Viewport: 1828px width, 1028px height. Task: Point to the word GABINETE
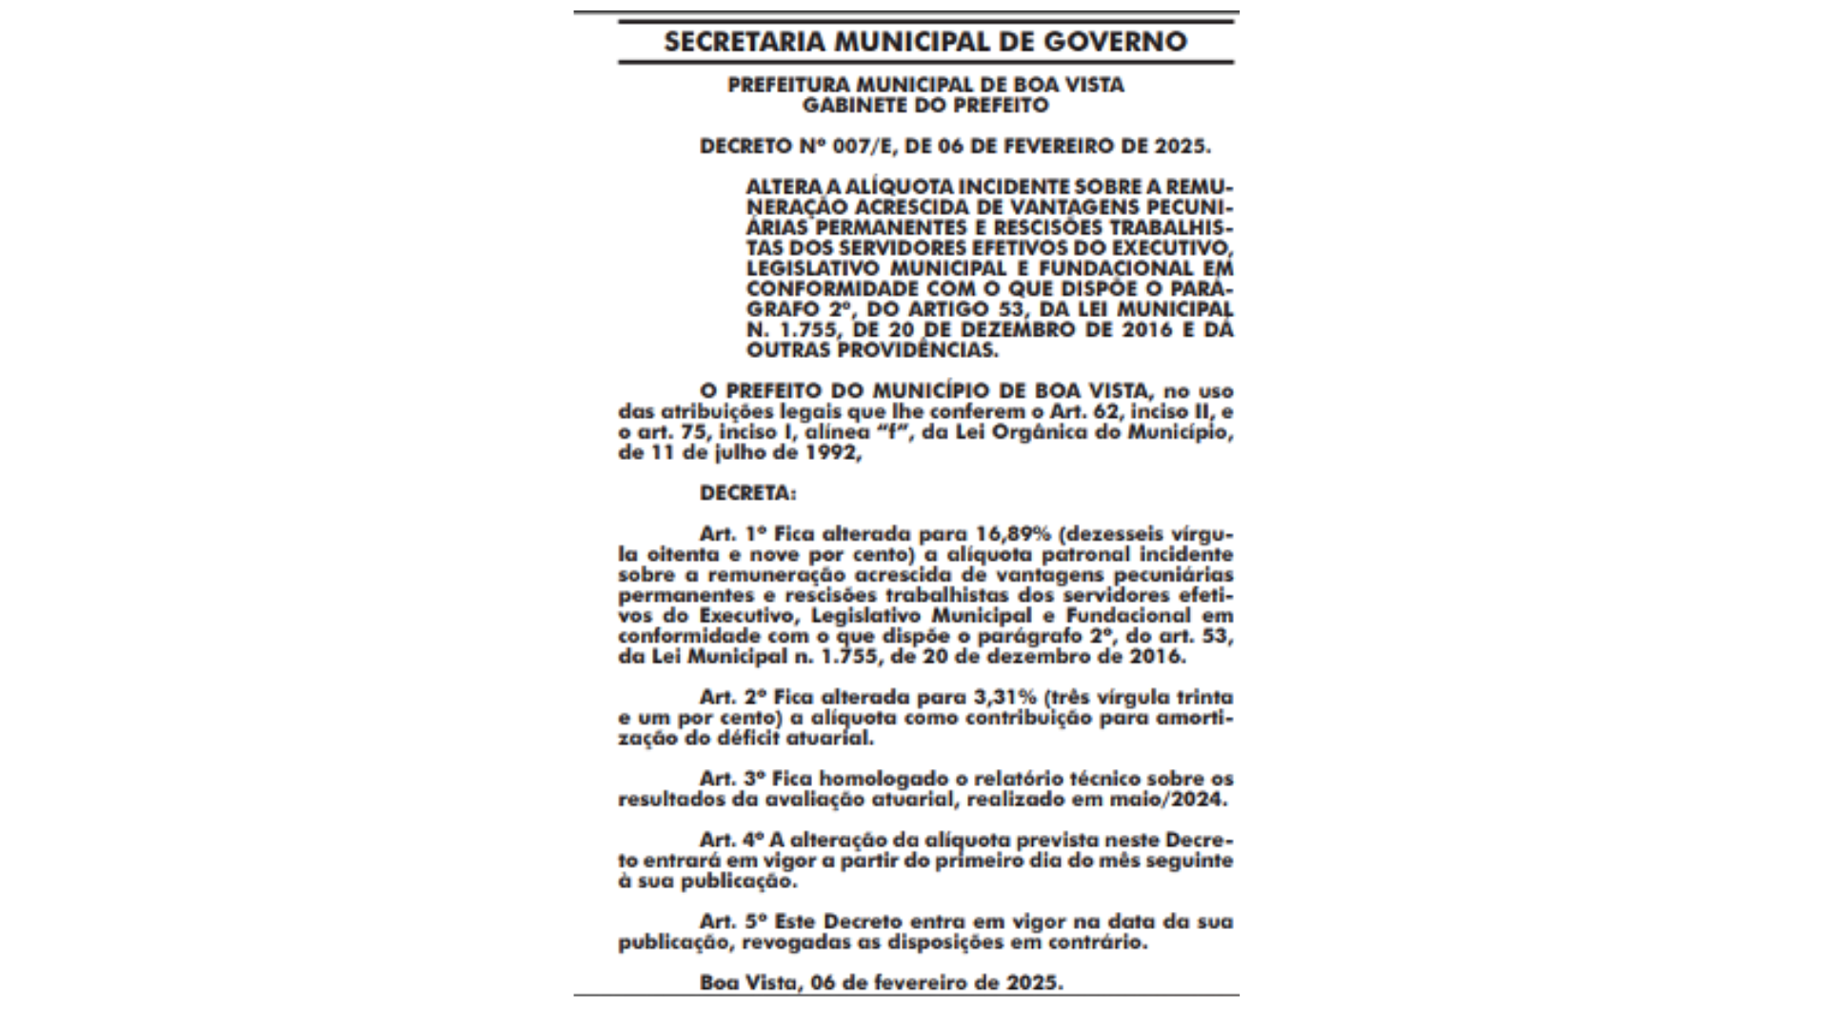[847, 105]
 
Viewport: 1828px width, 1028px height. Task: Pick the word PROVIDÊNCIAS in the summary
[918, 350]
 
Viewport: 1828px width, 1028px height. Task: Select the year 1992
[833, 454]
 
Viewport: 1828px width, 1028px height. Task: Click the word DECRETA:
[747, 494]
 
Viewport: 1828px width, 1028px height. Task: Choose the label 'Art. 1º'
[733, 534]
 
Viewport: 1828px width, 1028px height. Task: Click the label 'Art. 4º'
[733, 840]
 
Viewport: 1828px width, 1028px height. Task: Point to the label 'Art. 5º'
[733, 921]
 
